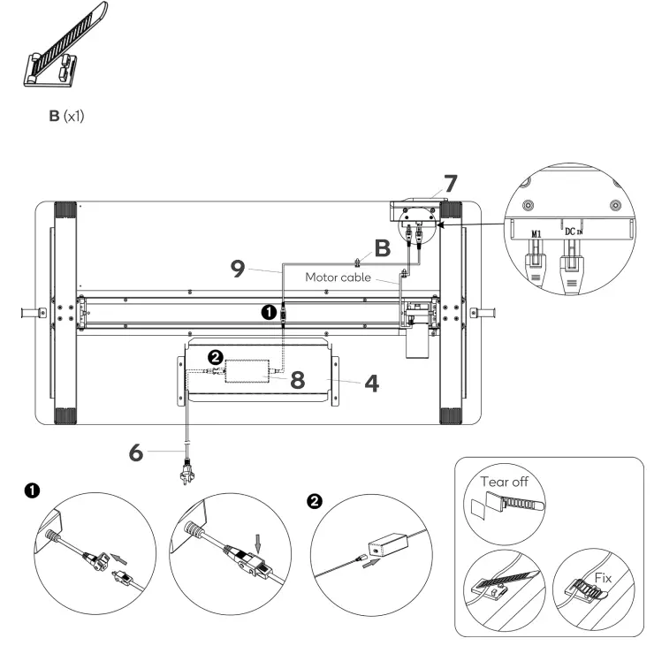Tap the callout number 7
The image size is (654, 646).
tap(450, 185)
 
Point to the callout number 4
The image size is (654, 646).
tap(372, 384)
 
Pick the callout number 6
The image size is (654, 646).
tap(135, 452)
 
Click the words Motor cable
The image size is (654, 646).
tap(341, 277)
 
